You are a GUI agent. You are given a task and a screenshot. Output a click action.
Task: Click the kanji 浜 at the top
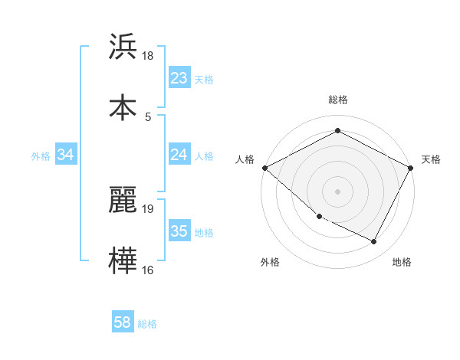pos(123,47)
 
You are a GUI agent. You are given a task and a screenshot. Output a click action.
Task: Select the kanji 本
pos(123,106)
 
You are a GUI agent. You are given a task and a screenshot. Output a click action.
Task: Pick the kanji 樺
pos(123,260)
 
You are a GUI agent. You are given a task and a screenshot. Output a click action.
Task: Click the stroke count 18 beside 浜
pos(148,56)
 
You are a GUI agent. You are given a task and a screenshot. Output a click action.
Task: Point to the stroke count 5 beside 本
pos(148,116)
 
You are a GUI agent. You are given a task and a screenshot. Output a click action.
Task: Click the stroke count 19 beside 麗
pos(148,208)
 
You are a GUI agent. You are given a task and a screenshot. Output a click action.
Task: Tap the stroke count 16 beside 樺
pos(148,270)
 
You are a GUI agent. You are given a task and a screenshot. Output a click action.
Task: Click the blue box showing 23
pos(179,78)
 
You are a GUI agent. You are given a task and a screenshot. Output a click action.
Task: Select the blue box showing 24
pos(179,155)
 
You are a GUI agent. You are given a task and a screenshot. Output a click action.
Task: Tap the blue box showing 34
pos(66,155)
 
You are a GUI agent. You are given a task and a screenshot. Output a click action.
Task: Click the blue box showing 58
pos(123,323)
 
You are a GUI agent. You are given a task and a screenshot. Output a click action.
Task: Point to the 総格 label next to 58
pos(147,324)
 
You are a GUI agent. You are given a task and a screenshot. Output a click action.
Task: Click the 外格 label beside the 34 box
pos(41,156)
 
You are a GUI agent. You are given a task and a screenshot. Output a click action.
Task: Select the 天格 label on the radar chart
pos(431,159)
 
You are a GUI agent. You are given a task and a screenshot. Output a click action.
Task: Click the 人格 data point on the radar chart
pos(264,168)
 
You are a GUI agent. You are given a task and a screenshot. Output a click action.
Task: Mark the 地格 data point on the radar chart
pos(374,242)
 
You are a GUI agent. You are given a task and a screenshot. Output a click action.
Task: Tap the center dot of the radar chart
pos(337,191)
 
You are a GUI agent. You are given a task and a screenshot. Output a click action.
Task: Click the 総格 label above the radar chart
pos(338,100)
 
